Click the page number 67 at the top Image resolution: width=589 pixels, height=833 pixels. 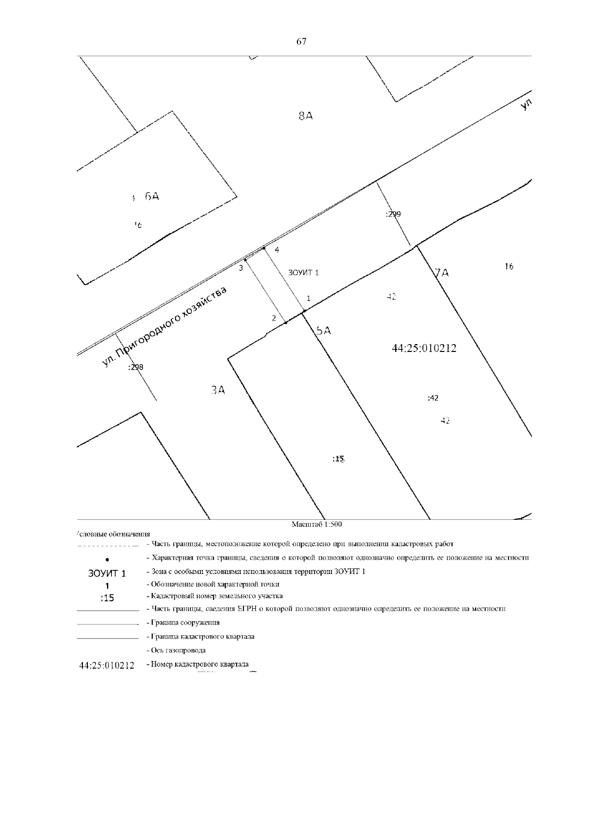coord(301,42)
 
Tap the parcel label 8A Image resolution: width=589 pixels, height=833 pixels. coord(306,116)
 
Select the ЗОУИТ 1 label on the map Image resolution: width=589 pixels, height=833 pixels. coord(303,273)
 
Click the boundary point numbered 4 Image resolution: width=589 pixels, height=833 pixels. coord(265,248)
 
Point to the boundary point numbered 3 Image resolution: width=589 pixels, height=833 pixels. coord(245,260)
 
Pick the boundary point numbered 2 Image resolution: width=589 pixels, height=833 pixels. coord(286,322)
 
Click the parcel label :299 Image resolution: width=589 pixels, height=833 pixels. coord(393,214)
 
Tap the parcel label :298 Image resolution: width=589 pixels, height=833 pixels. coord(135,367)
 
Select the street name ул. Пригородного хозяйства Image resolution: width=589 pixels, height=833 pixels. coord(165,326)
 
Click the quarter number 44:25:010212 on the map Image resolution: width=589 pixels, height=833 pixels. coord(424,349)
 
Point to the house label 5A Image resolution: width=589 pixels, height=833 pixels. coord(323,331)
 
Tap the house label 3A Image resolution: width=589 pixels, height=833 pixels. coord(217,390)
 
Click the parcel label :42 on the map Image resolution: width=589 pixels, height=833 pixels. coord(433,398)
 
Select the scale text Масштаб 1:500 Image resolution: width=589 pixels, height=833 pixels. coord(317,524)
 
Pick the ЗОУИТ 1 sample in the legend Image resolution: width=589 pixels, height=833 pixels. coord(107,573)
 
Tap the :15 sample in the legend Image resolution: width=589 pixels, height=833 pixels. coord(107,598)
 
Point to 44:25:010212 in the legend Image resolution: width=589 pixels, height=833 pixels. coord(107,666)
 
